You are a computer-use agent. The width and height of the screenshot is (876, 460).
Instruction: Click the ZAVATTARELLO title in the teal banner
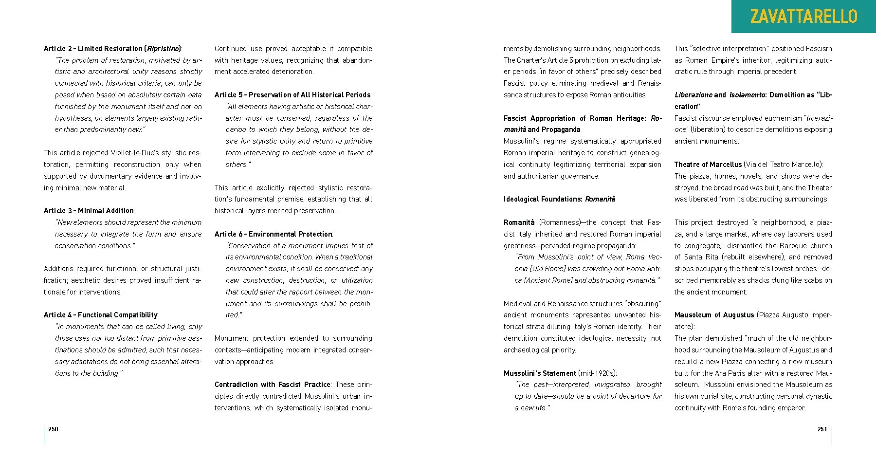coord(803,17)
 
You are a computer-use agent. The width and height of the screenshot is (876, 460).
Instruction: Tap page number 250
coord(53,429)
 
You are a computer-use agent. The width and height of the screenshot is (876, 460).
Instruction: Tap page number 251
coord(822,429)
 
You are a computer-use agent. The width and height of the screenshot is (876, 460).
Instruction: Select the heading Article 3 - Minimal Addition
coord(89,211)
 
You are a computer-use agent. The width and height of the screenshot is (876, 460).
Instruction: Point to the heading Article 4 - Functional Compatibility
coord(101,315)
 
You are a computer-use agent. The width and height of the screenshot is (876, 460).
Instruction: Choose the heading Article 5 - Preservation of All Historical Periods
coord(292,95)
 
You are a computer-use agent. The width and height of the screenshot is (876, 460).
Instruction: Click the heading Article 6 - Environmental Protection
coord(274,234)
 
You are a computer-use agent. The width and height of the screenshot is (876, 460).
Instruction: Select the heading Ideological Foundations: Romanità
coord(559,199)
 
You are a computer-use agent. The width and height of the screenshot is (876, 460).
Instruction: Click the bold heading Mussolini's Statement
coord(540,373)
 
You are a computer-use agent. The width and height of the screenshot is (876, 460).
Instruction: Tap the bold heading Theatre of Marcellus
coord(708,165)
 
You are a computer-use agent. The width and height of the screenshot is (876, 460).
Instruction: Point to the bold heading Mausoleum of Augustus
coord(714,315)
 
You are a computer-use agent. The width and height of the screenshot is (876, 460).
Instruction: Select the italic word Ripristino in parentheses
coord(163,49)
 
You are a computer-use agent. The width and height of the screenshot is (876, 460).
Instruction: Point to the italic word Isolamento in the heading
coord(747,95)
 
